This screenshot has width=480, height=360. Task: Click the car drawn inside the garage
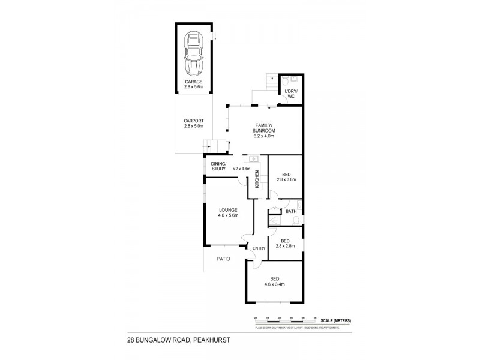(194, 52)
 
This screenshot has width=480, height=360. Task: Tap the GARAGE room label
(194, 82)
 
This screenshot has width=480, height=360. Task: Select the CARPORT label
(194, 121)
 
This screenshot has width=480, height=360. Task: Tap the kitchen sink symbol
(254, 159)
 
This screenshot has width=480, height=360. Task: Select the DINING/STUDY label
(218, 166)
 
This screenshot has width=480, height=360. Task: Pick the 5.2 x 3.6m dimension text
(241, 169)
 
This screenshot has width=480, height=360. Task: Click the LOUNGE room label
(229, 209)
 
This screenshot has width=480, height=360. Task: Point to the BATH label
(291, 211)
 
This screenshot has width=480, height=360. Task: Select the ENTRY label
(259, 248)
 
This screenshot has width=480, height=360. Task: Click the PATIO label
(223, 259)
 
